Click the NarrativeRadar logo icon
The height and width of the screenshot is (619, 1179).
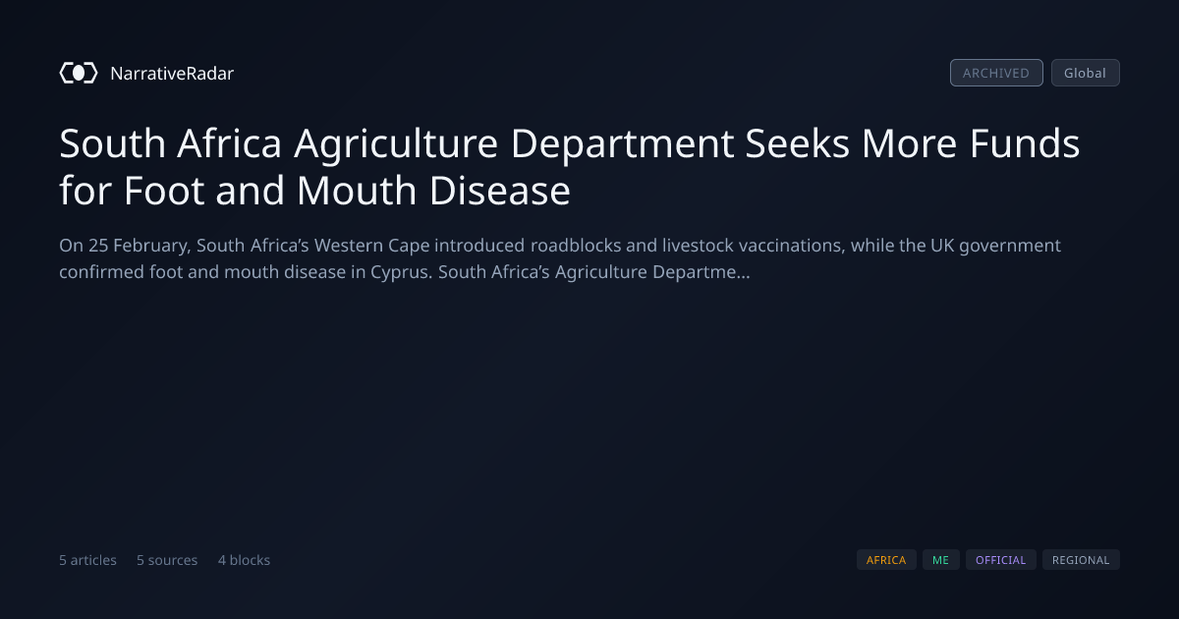(79, 73)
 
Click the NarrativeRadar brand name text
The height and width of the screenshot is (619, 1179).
(172, 73)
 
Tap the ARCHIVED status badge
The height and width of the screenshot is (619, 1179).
(996, 73)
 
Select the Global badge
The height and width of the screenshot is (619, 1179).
(1086, 73)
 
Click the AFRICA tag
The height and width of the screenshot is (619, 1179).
(886, 559)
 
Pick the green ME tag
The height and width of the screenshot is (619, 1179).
(940, 559)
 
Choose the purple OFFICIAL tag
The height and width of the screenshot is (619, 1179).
(1000, 559)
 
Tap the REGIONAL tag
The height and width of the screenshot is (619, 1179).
(1081, 559)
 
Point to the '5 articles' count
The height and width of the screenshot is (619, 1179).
(87, 560)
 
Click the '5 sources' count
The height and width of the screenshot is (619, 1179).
(167, 560)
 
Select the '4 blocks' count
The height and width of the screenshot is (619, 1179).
(244, 560)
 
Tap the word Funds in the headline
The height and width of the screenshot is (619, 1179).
(1024, 143)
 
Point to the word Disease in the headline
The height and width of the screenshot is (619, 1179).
(499, 191)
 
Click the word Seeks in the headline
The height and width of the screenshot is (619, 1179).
(797, 143)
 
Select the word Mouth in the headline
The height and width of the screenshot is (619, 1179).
(357, 191)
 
